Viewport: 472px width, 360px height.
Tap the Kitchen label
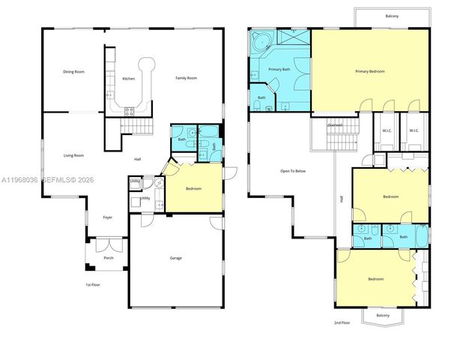coord(129,79)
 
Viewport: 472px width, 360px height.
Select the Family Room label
coord(186,79)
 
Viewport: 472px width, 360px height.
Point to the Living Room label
coord(73,155)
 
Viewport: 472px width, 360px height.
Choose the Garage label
coord(175,259)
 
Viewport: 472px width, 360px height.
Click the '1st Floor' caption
coord(92,285)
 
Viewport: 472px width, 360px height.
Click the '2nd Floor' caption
coord(342,322)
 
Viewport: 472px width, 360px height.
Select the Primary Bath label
coord(279,70)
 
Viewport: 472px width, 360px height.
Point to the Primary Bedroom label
coord(370,71)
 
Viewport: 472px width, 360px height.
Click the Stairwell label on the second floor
coord(335,125)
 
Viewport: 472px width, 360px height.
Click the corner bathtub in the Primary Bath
coord(262,40)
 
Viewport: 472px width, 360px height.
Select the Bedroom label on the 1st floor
coord(193,189)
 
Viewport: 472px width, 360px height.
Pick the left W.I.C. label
coord(387,131)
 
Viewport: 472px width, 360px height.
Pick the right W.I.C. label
coord(414,131)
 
